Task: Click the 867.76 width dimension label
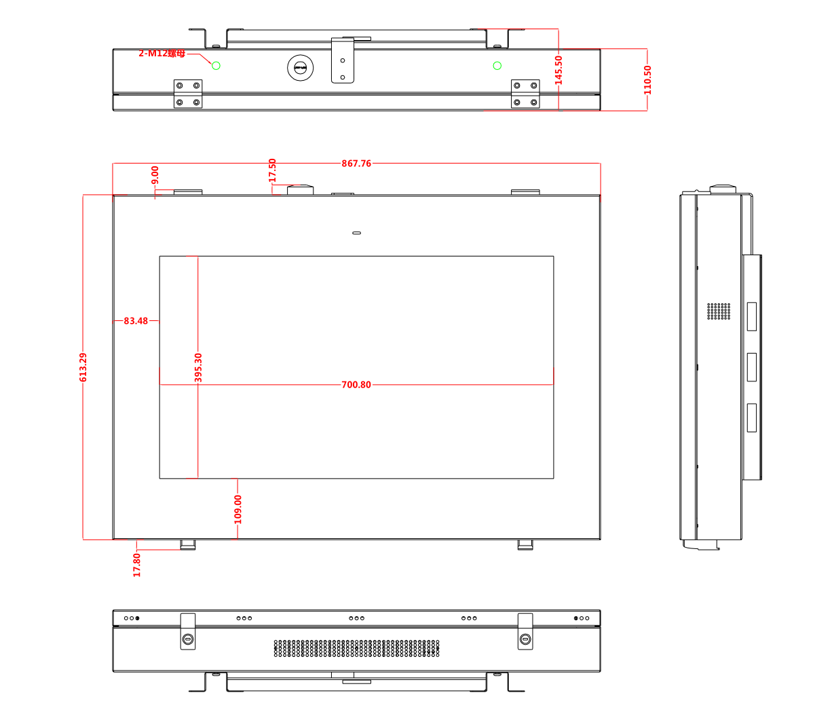coord(356,164)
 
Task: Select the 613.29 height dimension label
coord(83,367)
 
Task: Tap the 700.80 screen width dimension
coord(356,385)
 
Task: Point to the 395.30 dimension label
coord(198,367)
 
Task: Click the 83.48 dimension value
coord(136,321)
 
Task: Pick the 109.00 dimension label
coord(238,509)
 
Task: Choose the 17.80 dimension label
coord(136,565)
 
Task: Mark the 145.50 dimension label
coord(558,69)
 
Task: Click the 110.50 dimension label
coord(647,79)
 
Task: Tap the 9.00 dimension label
coord(155,175)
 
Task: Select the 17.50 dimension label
coord(272,170)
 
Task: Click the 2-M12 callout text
coord(162,53)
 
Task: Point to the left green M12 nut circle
coord(216,65)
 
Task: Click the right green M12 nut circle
coord(497,65)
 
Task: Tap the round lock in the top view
coord(301,68)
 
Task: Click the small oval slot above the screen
coord(356,233)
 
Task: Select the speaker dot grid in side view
coord(719,312)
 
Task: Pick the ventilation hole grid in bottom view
coord(356,648)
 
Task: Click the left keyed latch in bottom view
coord(188,639)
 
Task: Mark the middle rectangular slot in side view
coord(751,367)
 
